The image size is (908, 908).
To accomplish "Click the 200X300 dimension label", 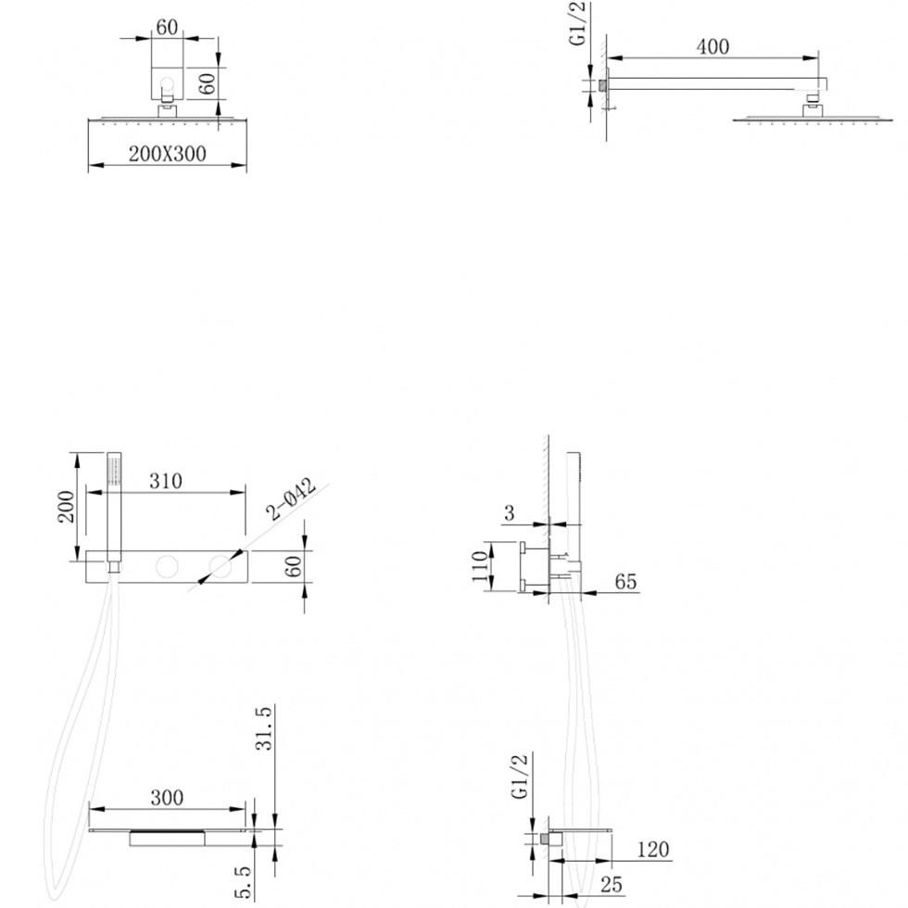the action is (168, 154).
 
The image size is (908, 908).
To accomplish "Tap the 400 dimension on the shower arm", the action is (713, 47).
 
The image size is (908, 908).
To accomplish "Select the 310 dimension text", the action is (166, 481).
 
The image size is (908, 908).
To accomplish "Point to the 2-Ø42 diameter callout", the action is (292, 498).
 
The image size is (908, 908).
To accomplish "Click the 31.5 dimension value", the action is (263, 728).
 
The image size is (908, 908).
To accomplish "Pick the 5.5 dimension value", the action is (244, 883).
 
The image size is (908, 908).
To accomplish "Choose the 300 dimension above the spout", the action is (167, 798).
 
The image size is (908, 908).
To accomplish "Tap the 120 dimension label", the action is (652, 850).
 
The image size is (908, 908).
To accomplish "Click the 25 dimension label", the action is (611, 885).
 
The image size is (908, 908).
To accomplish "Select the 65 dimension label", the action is (625, 582).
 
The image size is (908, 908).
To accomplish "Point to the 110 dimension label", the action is (480, 566).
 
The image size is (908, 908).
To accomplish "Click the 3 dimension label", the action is (509, 513).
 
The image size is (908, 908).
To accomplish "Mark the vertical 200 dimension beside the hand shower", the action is (67, 507).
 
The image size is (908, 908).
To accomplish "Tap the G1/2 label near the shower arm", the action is (579, 24).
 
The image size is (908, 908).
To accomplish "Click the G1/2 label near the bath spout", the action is (521, 776).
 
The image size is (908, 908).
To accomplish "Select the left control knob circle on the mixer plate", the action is (167, 566).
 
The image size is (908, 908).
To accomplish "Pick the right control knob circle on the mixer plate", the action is (221, 566).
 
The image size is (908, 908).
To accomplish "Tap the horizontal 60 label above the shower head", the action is (167, 27).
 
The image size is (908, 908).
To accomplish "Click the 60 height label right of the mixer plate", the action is (294, 566).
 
